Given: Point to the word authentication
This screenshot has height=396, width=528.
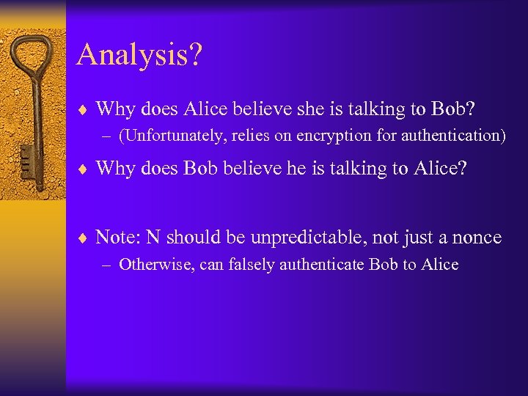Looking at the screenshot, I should coord(454,136).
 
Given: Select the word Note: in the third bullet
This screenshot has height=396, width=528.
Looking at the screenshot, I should coord(117,237).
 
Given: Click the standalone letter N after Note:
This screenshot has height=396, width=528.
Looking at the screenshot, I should coord(153,237).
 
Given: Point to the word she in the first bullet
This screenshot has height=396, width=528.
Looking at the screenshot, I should coord(307,109).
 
